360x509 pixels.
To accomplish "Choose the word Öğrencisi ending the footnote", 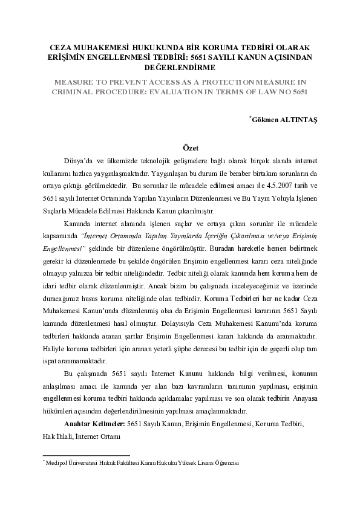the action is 226,462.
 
